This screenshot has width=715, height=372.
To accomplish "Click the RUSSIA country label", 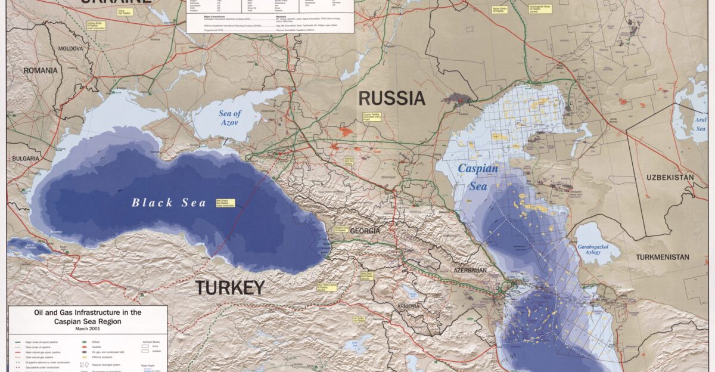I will (391, 98).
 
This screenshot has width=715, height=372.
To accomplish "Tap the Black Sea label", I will (169, 203).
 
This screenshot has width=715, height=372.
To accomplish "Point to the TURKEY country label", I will (229, 288).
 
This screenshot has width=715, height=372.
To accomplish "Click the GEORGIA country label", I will (365, 231).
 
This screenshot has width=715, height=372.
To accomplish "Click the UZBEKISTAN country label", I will (670, 178).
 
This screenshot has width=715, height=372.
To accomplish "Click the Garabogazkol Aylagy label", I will (598, 249).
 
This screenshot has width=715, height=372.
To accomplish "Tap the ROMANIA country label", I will (41, 70).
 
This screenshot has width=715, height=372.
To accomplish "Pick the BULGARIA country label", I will (24, 159).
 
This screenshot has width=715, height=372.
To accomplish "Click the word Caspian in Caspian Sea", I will (477, 169).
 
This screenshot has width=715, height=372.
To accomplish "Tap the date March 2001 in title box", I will (87, 328).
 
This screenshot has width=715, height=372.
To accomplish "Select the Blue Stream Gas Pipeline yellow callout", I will (225, 203).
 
